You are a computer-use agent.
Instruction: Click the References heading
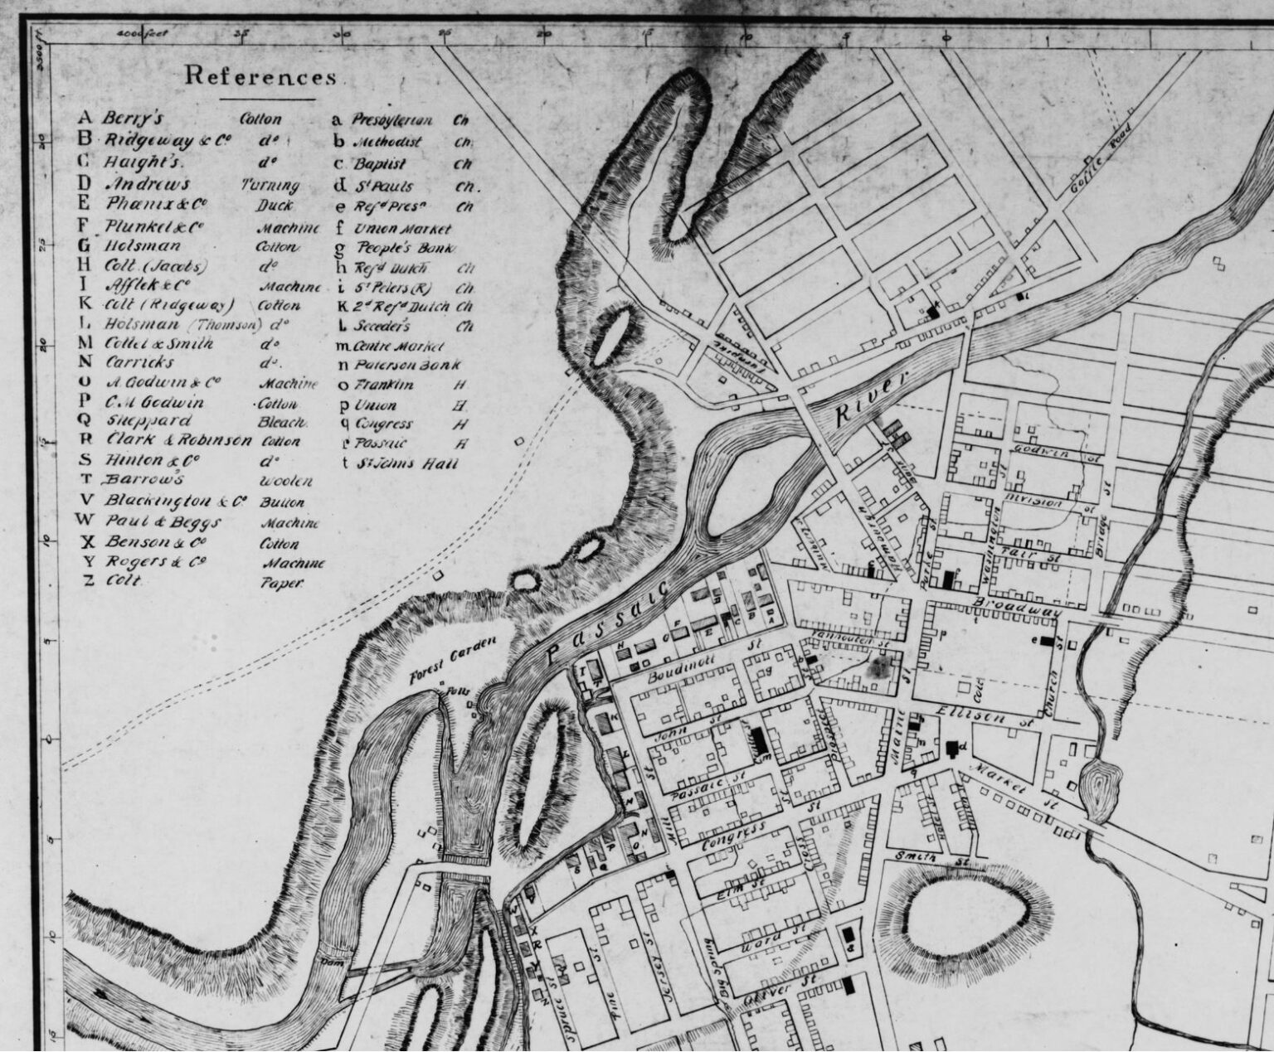[x=260, y=76]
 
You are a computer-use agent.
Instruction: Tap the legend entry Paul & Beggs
[x=212, y=523]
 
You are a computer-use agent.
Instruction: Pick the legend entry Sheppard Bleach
[x=202, y=420]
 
